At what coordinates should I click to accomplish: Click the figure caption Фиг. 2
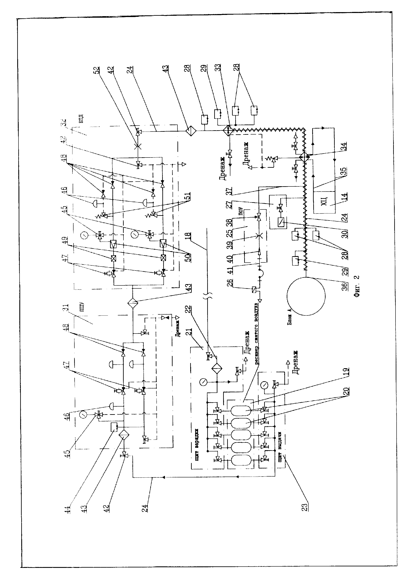357,286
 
